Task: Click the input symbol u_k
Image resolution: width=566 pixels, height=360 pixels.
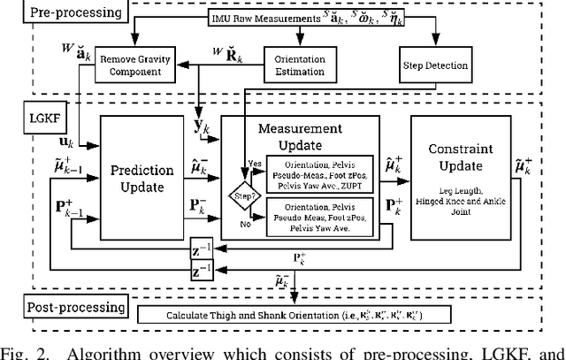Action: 65,139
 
